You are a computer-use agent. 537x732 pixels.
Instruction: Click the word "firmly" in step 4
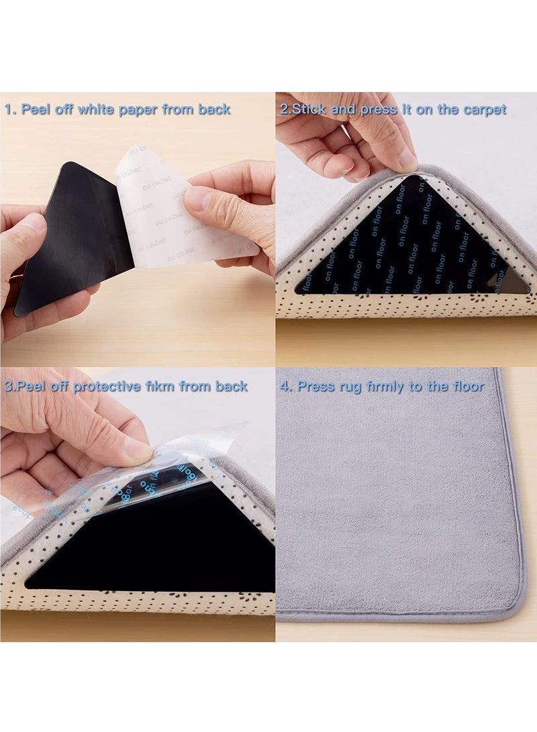click(x=397, y=386)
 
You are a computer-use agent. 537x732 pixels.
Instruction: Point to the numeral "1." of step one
click(x=11, y=109)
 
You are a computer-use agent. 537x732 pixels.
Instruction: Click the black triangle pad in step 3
click(x=154, y=543)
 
